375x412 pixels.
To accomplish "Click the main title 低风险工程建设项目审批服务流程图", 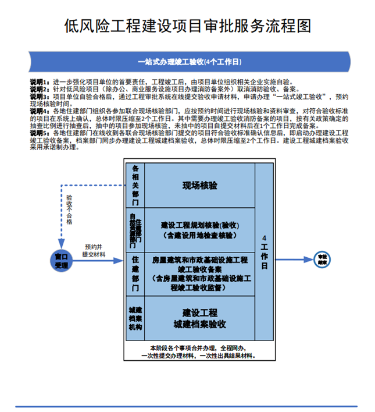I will pyautogui.click(x=187, y=26).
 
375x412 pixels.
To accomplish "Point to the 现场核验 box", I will pyautogui.click(x=199, y=186).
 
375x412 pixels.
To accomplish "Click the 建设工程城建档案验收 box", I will pyautogui.click(x=199, y=317).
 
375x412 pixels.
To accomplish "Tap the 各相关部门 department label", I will pyautogui.click(x=135, y=185).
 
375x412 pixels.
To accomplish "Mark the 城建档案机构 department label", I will pyautogui.click(x=135, y=317).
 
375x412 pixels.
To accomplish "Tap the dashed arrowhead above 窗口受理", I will pyautogui.click(x=61, y=244).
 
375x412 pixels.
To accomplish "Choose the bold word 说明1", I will pyautogui.click(x=39, y=82).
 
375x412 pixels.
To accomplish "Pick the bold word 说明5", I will pyautogui.click(x=39, y=133).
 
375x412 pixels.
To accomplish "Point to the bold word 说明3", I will pyautogui.click(x=39, y=96).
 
